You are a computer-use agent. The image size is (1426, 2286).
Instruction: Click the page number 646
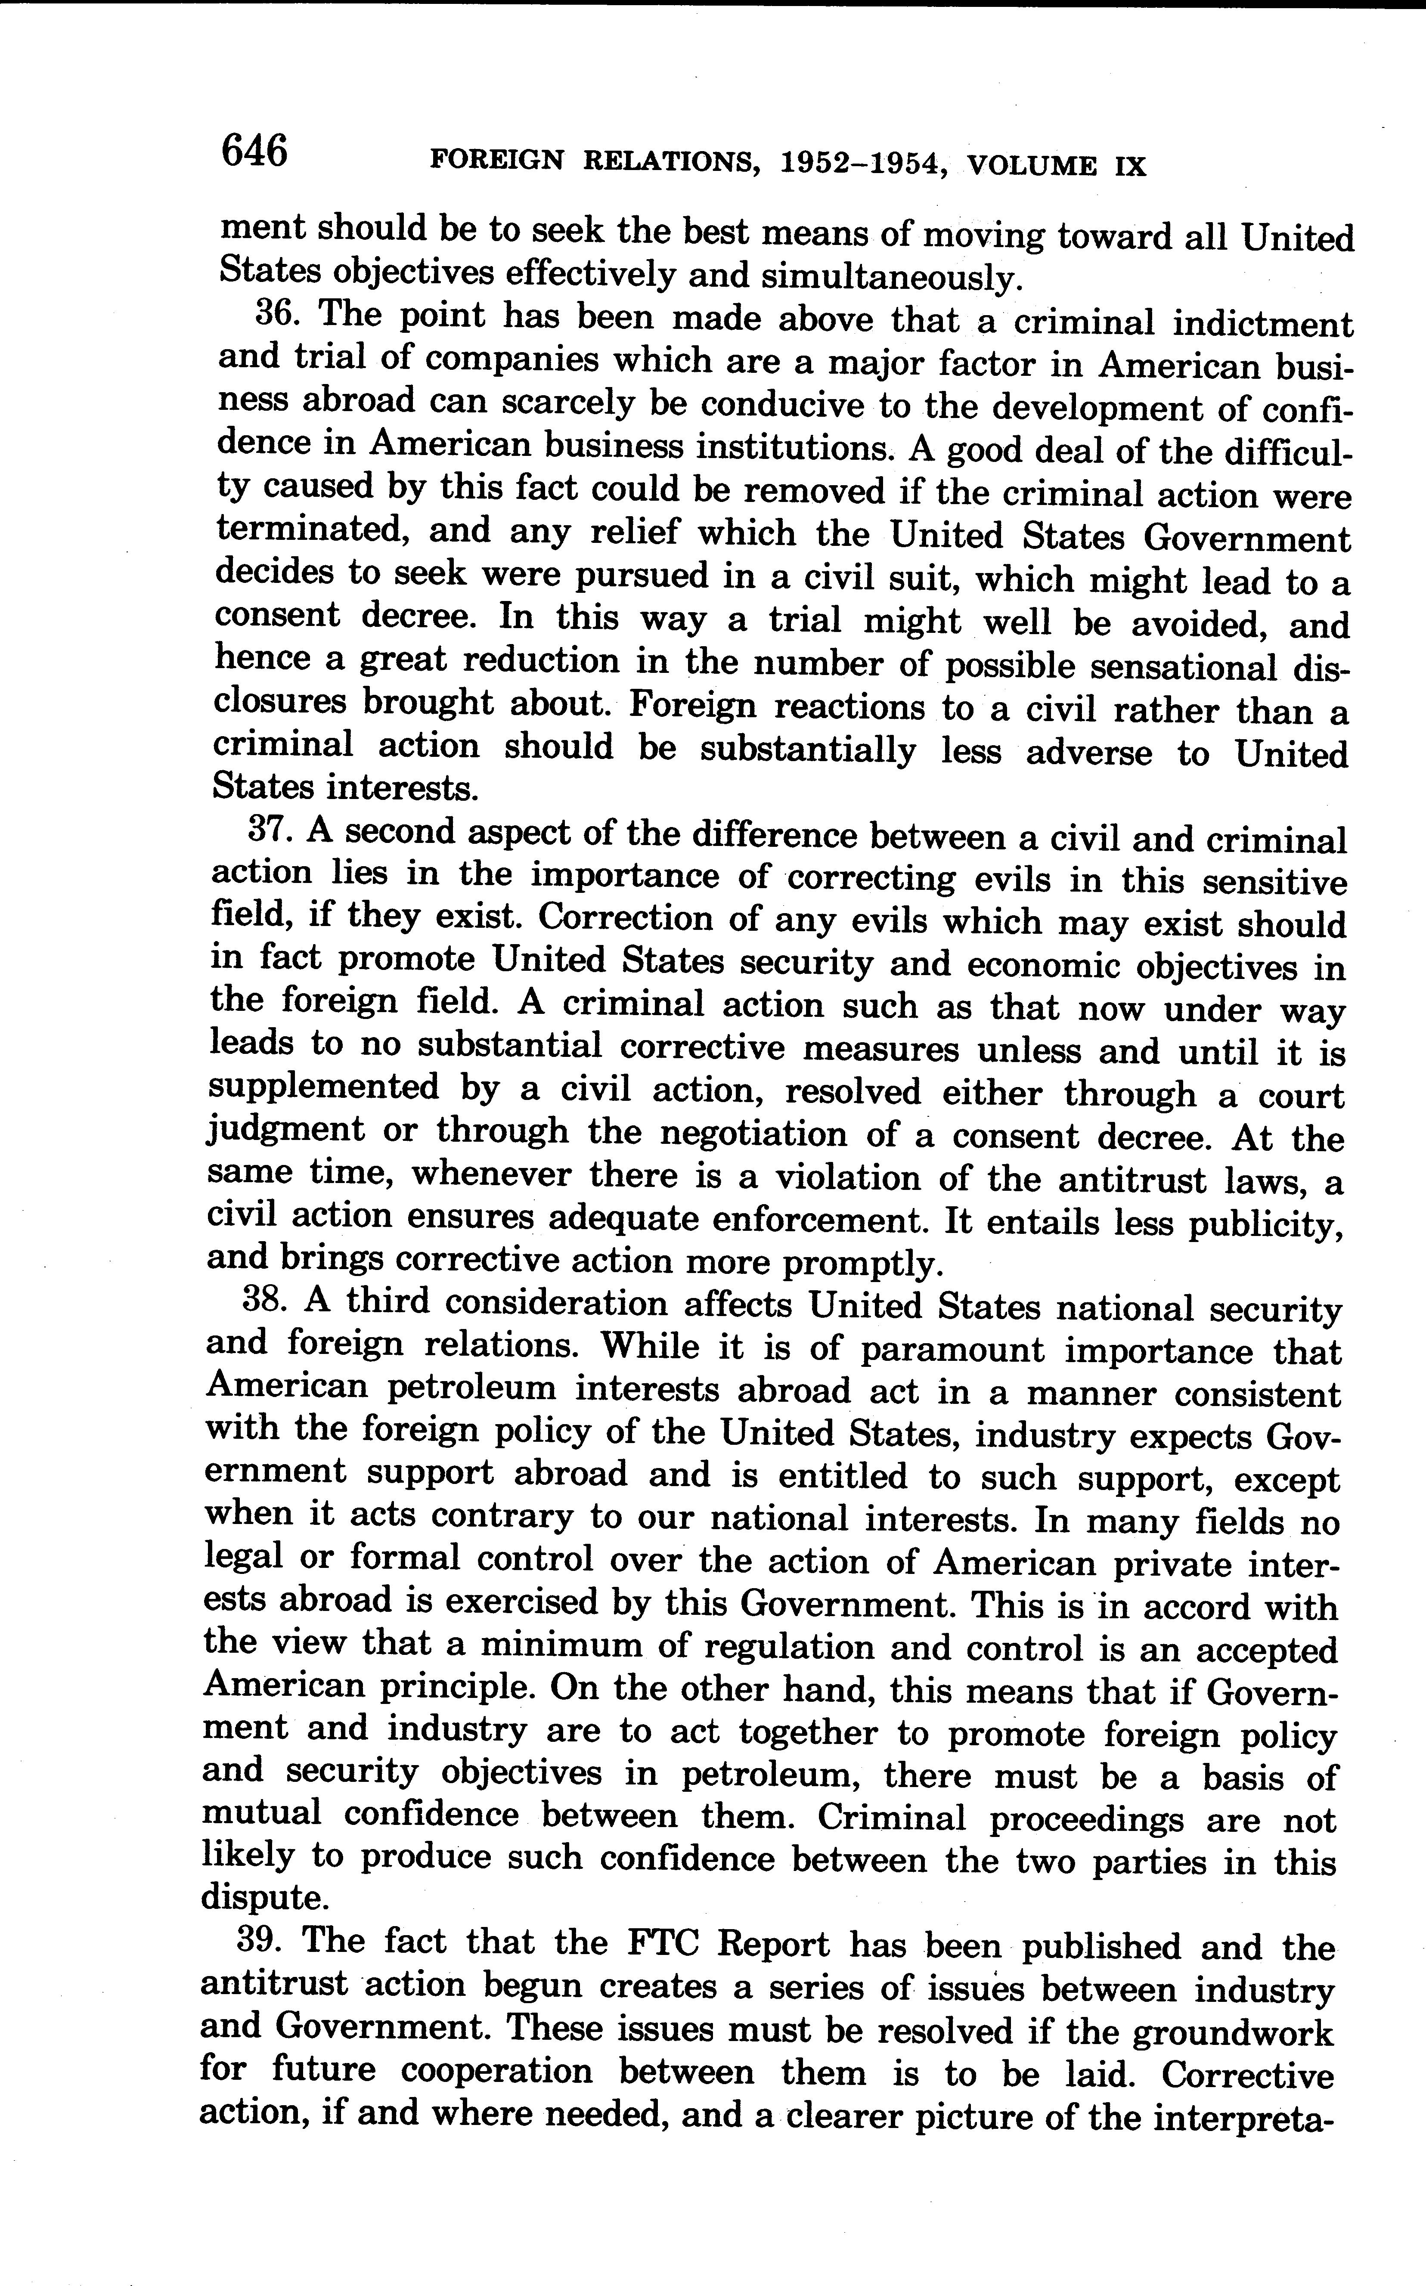pos(253,151)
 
